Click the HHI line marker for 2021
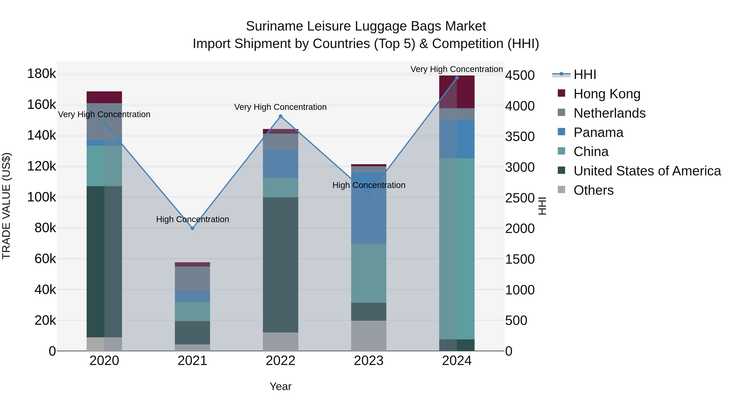click(x=192, y=228)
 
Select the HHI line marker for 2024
click(x=457, y=78)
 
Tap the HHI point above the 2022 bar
click(x=280, y=116)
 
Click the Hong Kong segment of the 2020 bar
click(x=104, y=97)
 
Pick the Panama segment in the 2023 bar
click(x=369, y=208)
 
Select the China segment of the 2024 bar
click(x=457, y=249)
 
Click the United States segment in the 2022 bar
click(x=280, y=265)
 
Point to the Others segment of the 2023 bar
click(x=369, y=336)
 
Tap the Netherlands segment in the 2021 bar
click(x=192, y=279)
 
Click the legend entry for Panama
click(x=598, y=132)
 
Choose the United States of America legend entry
click(x=647, y=171)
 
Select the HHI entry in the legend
click(x=585, y=74)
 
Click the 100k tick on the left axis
click(x=41, y=197)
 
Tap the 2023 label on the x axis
click(x=369, y=361)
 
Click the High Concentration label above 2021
click(x=192, y=219)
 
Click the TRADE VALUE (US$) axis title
click(x=6, y=206)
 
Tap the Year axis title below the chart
click(x=280, y=386)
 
